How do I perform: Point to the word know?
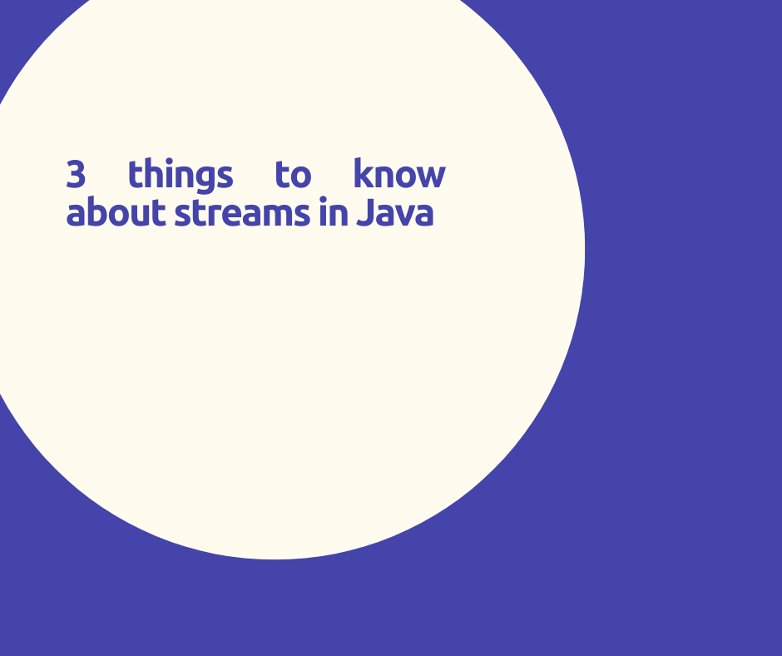coord(399,175)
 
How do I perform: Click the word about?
coord(116,213)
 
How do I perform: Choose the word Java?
coord(395,213)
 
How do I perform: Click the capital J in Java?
coord(364,213)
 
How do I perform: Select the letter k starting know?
coord(363,175)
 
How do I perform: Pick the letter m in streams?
coord(282,215)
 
